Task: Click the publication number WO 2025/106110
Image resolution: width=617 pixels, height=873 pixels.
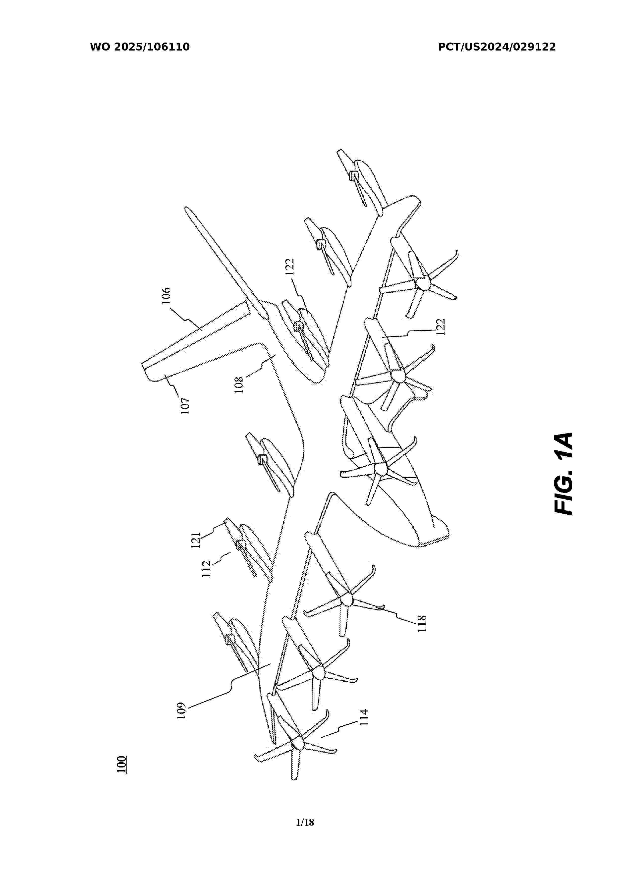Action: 140,47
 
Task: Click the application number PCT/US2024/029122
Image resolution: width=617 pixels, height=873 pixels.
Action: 497,47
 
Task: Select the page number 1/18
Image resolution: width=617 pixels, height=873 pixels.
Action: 305,822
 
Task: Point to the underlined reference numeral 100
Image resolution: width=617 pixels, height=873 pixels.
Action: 122,764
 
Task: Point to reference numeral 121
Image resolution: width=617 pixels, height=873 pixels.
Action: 195,540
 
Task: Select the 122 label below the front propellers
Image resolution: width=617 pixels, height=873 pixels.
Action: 440,327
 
